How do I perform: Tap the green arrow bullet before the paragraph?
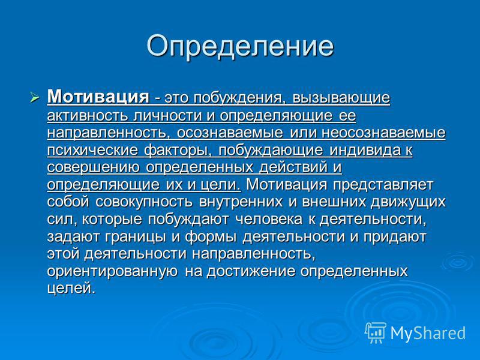[x=35, y=98]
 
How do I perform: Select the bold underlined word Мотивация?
[x=98, y=97]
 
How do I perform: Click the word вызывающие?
[x=341, y=98]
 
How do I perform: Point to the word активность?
[x=88, y=116]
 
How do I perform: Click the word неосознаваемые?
[x=383, y=133]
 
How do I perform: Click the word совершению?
[x=94, y=168]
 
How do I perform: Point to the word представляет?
[x=383, y=185]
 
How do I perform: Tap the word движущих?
[x=409, y=202]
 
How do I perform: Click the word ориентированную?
[x=113, y=272]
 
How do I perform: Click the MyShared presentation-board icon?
[x=376, y=332]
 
